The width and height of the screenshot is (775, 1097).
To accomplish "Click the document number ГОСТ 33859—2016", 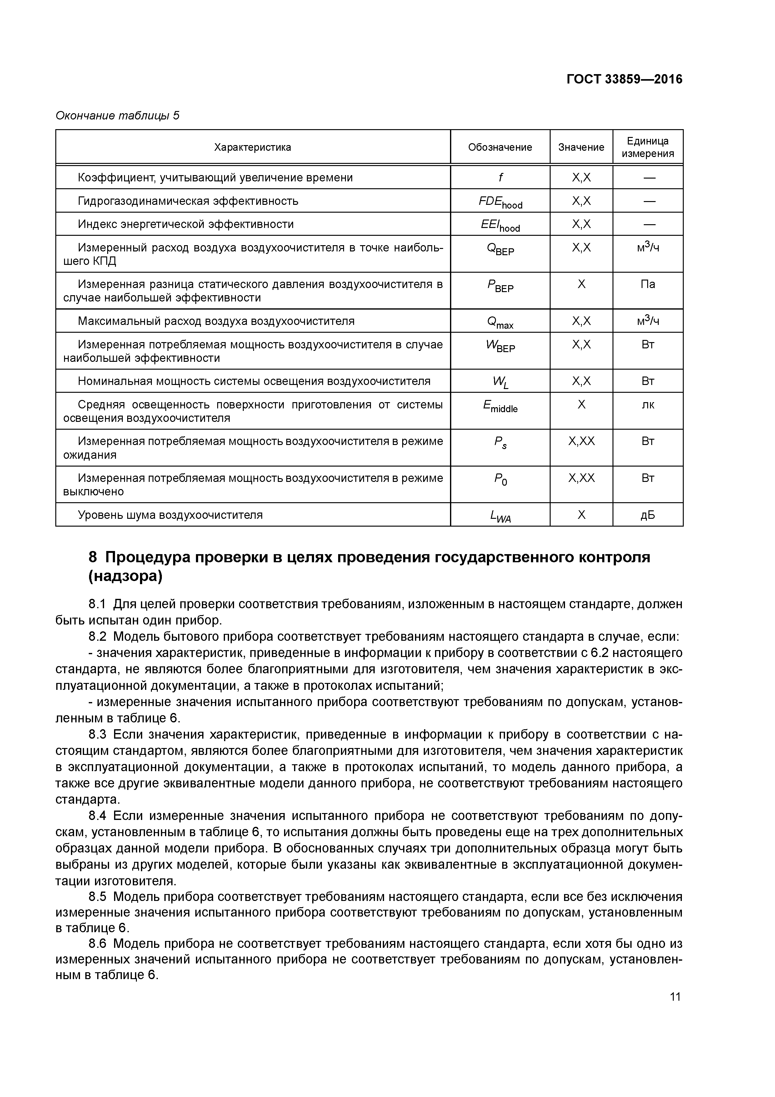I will click(x=624, y=79).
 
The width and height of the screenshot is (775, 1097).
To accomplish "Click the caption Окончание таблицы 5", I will click(x=117, y=116).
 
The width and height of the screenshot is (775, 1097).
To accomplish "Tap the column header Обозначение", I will click(x=500, y=147).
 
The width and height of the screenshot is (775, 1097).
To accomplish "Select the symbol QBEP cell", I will click(x=500, y=250).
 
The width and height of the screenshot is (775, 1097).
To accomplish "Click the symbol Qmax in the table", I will click(x=500, y=322).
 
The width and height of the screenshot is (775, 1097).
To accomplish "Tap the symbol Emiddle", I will click(x=500, y=407).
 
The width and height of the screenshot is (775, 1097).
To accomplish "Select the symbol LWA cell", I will click(x=500, y=516).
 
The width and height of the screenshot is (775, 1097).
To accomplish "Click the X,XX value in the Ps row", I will click(x=581, y=441).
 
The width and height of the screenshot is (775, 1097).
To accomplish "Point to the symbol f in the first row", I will click(x=500, y=178).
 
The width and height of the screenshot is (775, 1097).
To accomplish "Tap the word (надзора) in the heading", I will click(x=125, y=577).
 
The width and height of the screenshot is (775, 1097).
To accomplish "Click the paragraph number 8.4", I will click(x=99, y=816).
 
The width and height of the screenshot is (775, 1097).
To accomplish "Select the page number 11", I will click(x=675, y=997).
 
